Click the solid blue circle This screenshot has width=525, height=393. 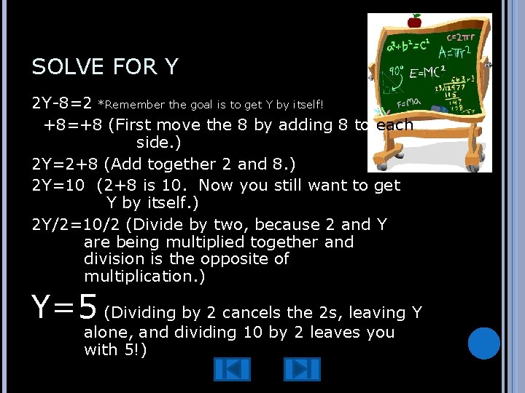[x=483, y=344]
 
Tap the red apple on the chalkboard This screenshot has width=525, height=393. [x=415, y=20]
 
